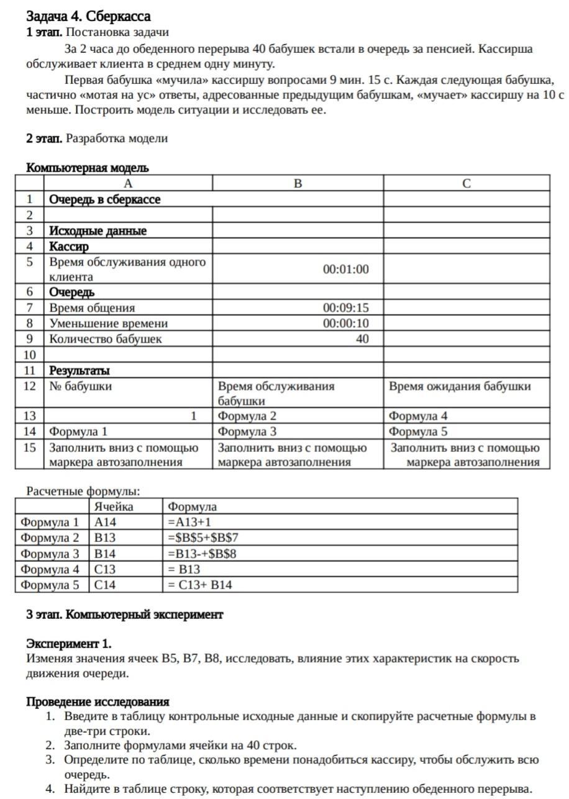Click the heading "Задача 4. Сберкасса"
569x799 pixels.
[88, 16]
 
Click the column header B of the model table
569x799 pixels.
[298, 184]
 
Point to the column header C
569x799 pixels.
[467, 184]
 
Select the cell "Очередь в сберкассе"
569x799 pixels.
[105, 199]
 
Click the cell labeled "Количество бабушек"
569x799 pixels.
[106, 339]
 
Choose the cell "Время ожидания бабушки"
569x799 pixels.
[460, 386]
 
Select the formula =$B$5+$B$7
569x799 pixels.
[203, 538]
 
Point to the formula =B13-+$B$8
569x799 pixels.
[202, 553]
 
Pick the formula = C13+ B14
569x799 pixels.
[200, 585]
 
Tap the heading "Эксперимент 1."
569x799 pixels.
[69, 643]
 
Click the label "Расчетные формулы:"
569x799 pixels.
[83, 491]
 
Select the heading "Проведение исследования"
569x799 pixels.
[98, 702]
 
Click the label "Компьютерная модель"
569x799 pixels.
[88, 168]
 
